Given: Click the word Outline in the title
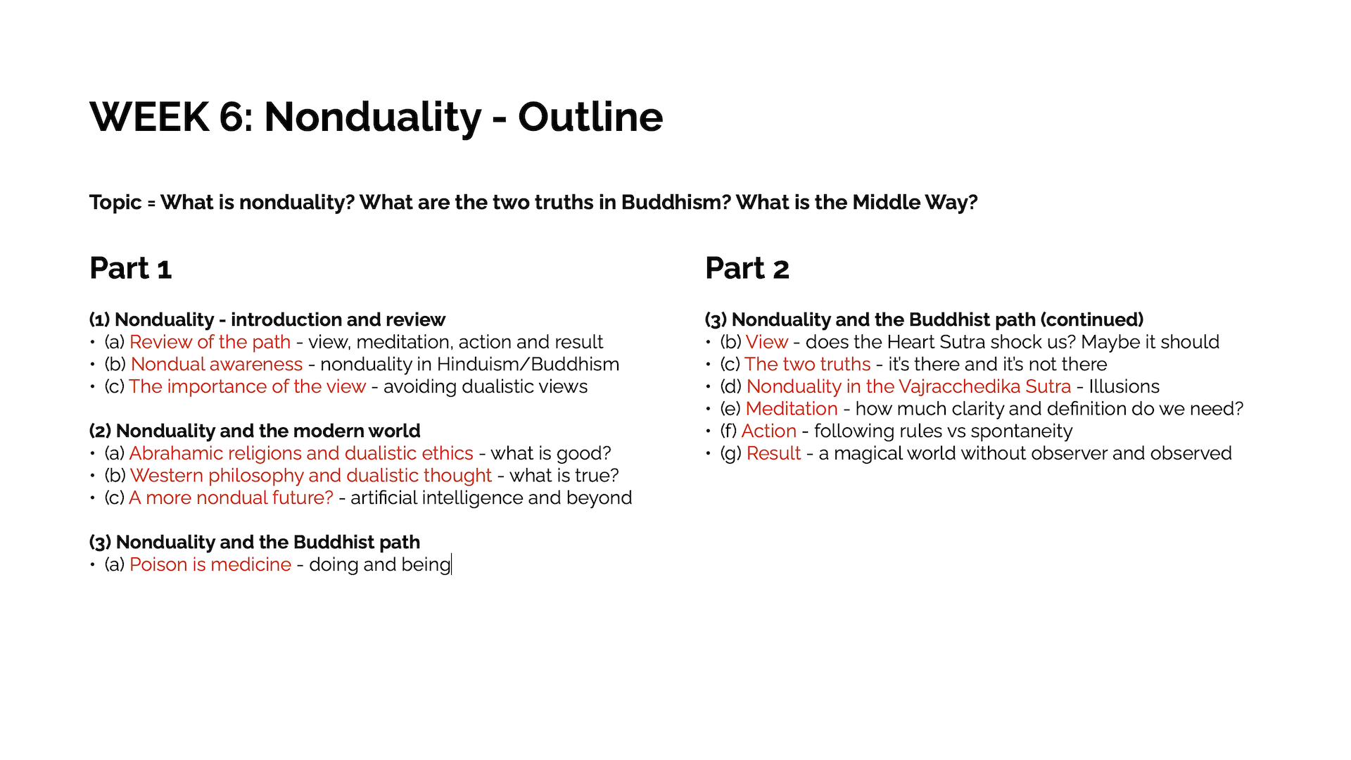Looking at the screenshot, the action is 590,117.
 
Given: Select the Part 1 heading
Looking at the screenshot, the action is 131,268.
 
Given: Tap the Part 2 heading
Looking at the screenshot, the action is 747,268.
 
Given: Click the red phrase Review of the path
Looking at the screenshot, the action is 210,343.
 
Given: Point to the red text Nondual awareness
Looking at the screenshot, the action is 217,365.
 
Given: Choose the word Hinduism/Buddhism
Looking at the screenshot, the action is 528,365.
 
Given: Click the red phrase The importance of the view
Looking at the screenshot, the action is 247,387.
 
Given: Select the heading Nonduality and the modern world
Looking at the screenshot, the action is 268,431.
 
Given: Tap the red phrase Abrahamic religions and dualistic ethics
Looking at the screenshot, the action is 301,454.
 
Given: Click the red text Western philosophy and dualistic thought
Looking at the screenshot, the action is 311,476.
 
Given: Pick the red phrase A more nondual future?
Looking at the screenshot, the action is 231,498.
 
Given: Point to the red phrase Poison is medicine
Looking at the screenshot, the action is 210,565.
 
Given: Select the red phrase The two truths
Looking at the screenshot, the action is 808,365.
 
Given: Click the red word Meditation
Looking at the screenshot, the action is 792,409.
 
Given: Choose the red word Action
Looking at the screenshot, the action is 769,431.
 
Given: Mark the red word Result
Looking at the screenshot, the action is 774,454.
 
